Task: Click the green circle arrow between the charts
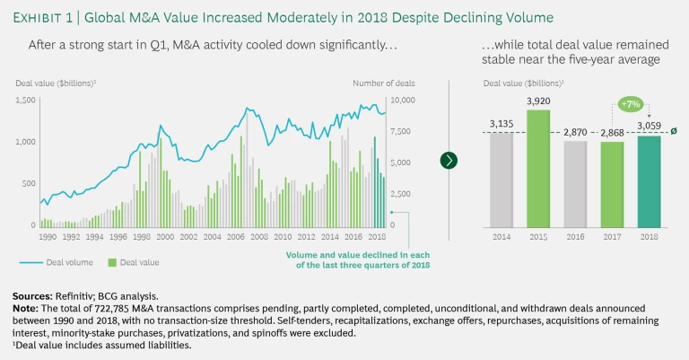(x=449, y=160)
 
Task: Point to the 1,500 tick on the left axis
(x=26, y=100)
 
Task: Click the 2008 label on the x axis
(x=259, y=237)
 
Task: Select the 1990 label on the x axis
(x=48, y=237)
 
